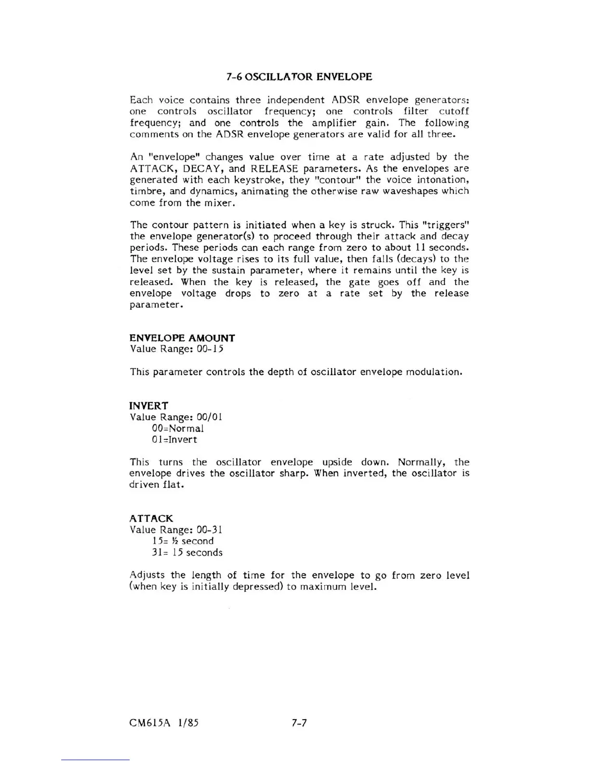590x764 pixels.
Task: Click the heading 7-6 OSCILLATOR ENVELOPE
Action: pos(299,77)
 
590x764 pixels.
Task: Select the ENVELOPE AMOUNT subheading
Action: pos(182,338)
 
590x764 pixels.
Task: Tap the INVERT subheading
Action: pos(148,406)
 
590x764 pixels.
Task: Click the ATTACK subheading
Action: pos(151,518)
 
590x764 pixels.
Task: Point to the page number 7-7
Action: pos(299,723)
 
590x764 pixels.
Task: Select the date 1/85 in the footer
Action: pos(188,723)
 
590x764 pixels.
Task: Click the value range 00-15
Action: pos(208,349)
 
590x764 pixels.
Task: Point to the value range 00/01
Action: pos(207,417)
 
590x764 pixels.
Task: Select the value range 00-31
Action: pos(207,530)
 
